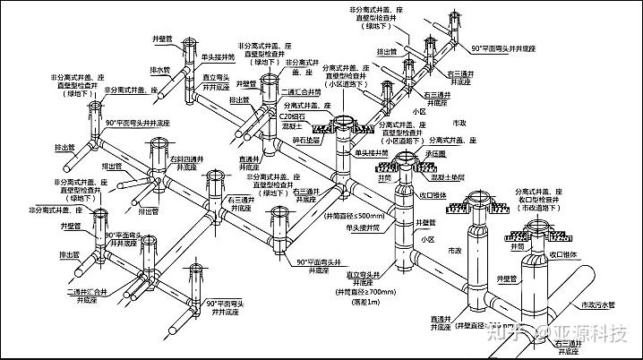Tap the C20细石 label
pyautogui.click(x=293, y=116)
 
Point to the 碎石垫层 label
pyautogui.click(x=294, y=141)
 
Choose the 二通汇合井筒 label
pyautogui.click(x=296, y=90)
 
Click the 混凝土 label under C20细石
pyautogui.click(x=290, y=127)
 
